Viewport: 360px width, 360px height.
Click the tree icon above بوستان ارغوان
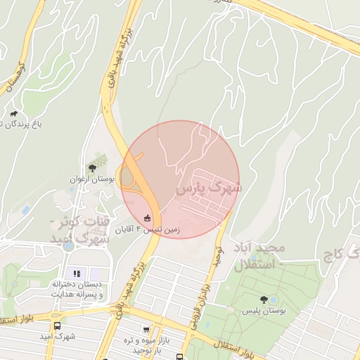tap(91, 167)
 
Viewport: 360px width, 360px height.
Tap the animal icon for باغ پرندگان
tap(13, 114)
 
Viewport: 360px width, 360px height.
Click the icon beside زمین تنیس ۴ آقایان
tap(146, 217)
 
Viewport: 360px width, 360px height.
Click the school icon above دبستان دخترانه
tap(77, 273)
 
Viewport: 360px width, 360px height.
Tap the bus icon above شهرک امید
tap(57, 326)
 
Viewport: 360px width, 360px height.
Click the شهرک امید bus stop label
tap(57, 337)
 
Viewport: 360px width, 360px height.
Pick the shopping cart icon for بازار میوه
tap(146, 329)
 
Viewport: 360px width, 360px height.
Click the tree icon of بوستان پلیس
tap(264, 299)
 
